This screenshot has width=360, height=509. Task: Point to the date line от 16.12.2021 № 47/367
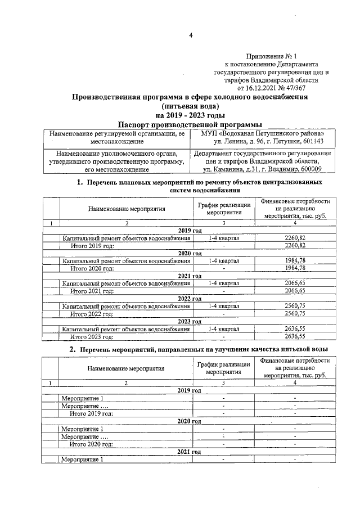pyautogui.click(x=280, y=88)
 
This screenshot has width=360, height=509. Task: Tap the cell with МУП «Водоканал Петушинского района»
pyautogui.click(x=262, y=135)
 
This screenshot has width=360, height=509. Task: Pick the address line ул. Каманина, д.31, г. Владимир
pyautogui.click(x=262, y=169)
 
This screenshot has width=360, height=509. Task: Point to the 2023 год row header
pyautogui.click(x=190, y=321)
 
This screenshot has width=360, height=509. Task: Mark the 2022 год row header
pyautogui.click(x=190, y=299)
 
